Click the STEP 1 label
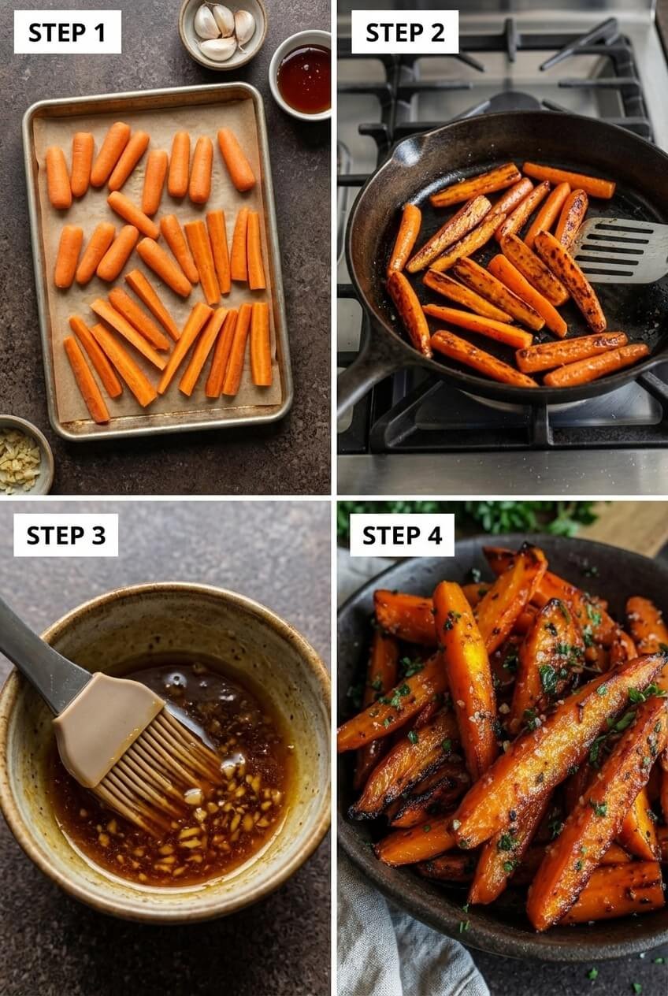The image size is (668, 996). (67, 32)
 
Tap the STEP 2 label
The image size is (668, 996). (404, 32)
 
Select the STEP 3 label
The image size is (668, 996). (65, 535)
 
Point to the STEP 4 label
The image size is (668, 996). (402, 535)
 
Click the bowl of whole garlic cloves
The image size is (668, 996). (222, 32)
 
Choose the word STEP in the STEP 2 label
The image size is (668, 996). (391, 32)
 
